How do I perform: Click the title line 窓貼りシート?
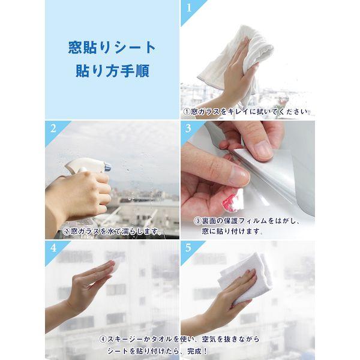click(x=112, y=47)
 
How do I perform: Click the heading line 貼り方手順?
click(x=113, y=71)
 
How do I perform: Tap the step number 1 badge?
click(x=189, y=8)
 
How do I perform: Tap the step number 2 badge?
click(x=53, y=128)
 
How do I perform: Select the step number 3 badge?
click(x=188, y=128)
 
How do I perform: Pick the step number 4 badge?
click(x=53, y=248)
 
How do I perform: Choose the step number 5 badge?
click(x=188, y=248)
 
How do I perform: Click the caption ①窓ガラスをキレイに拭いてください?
click(x=247, y=112)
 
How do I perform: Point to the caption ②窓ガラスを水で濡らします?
click(x=112, y=231)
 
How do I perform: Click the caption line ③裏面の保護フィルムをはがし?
click(x=247, y=221)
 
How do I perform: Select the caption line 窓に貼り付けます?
click(x=232, y=231)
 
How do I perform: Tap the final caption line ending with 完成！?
click(x=157, y=351)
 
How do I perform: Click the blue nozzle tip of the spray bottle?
click(x=107, y=167)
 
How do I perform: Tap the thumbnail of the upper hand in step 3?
click(x=263, y=150)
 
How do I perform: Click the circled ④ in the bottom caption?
click(x=103, y=340)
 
